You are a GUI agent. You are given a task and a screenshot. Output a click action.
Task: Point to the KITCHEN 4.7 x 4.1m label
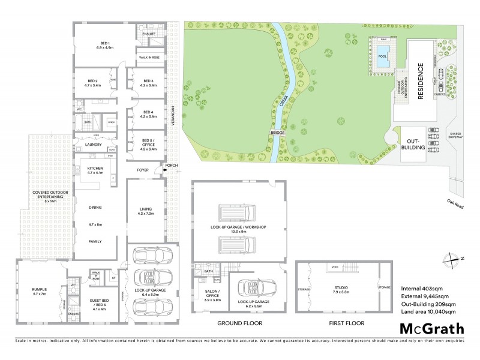(95, 170)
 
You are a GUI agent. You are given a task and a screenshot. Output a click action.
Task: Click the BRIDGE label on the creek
(277, 133)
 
